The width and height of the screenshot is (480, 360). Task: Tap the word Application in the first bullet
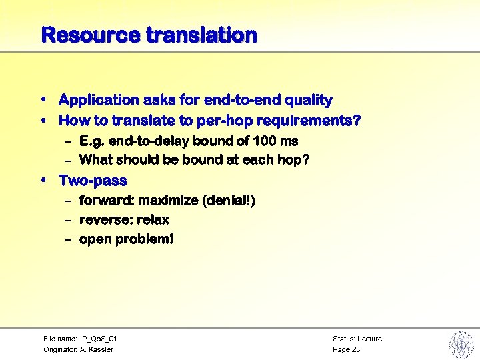click(x=97, y=100)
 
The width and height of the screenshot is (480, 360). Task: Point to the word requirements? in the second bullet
click(x=309, y=121)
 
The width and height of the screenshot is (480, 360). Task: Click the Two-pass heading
click(x=93, y=181)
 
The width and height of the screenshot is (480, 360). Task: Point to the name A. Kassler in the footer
click(x=97, y=349)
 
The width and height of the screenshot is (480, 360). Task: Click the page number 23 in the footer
click(x=356, y=349)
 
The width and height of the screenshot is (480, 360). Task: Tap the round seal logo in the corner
click(x=460, y=343)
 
